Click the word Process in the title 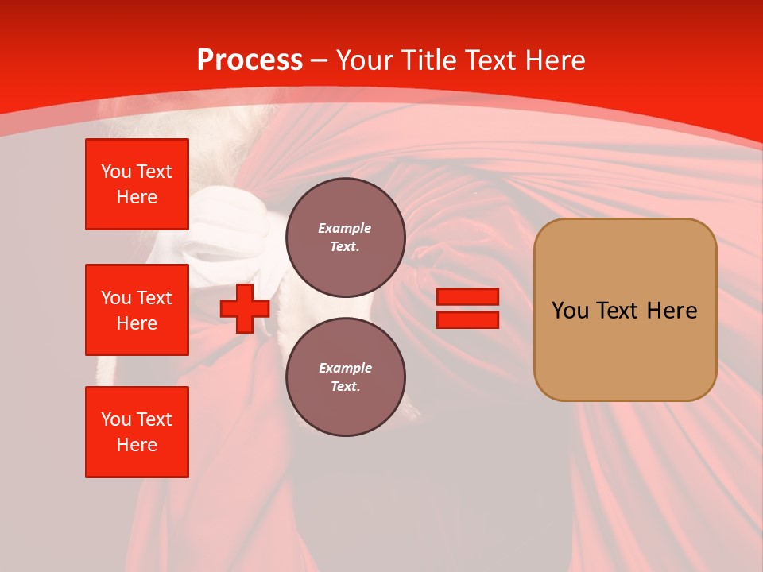point(250,60)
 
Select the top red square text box point(137,184)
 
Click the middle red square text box point(137,310)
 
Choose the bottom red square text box point(137,432)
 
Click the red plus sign point(245,308)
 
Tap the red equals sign point(467,308)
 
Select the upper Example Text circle point(345,237)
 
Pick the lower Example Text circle point(345,377)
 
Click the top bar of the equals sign point(467,296)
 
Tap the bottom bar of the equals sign point(467,319)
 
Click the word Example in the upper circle point(345,228)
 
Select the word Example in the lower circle point(345,368)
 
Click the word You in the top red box point(116,172)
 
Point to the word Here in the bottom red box point(137,445)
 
